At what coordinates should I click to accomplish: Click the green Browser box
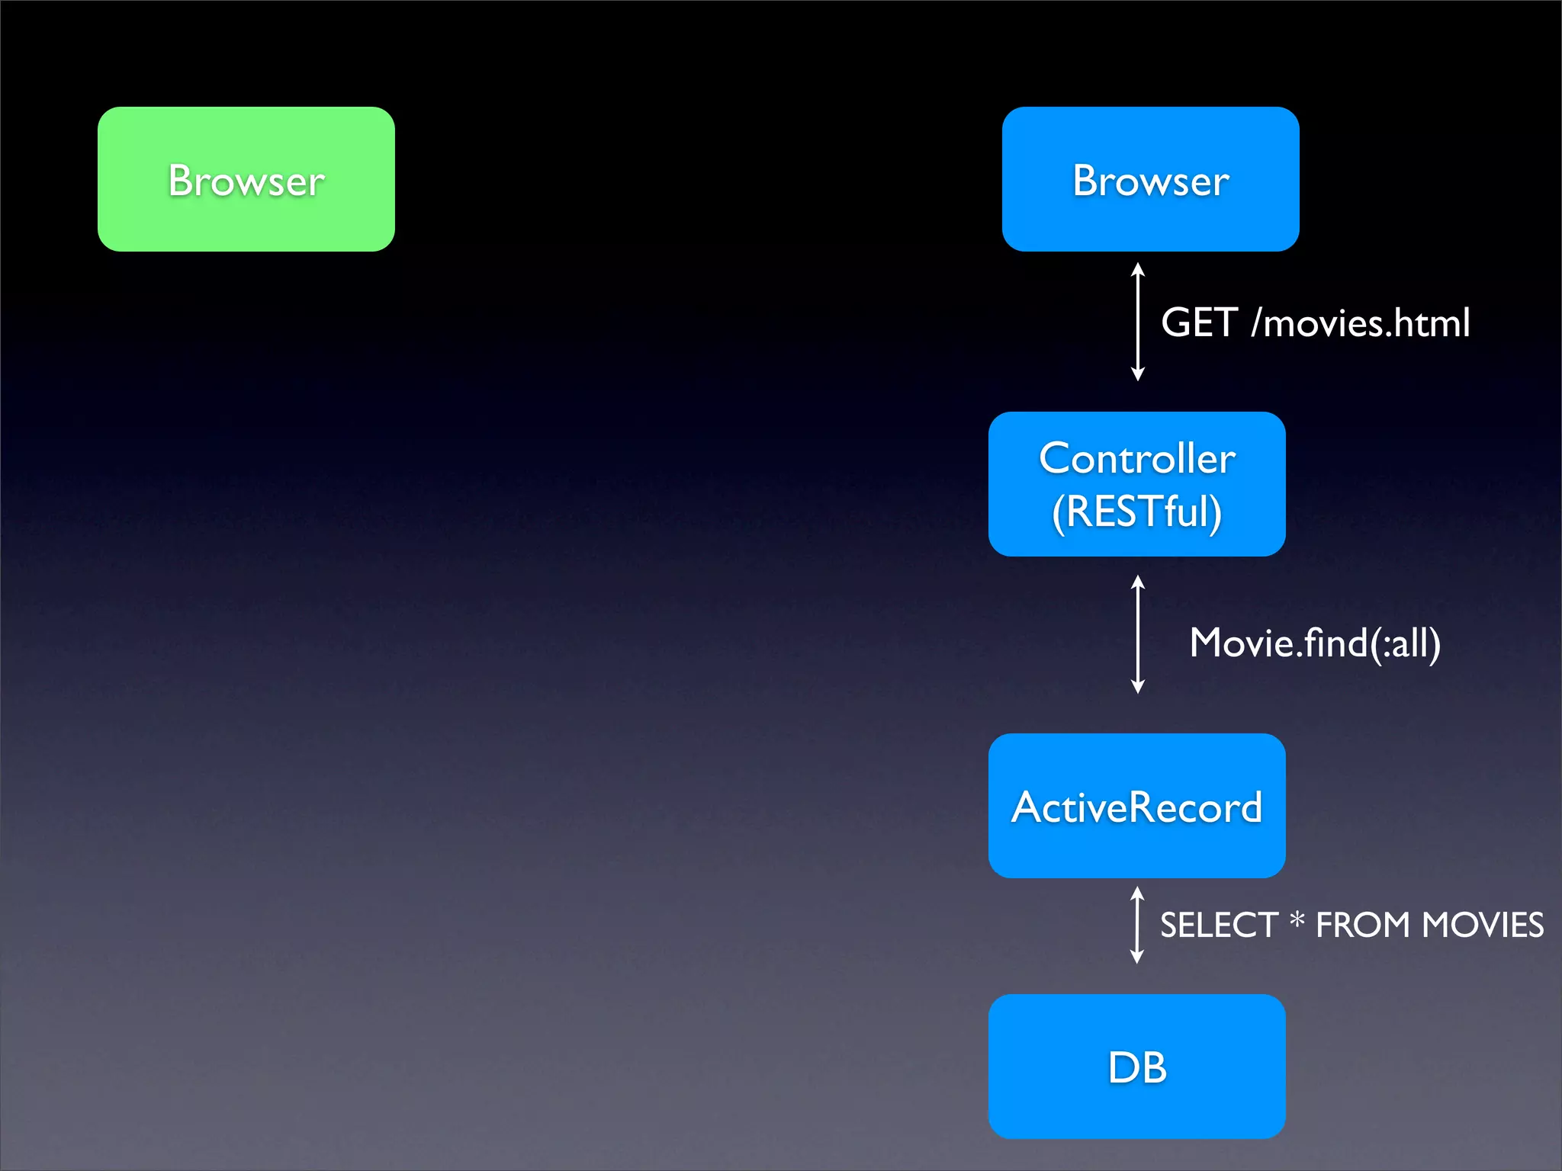pos(246,179)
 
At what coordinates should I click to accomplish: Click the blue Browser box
pos(1150,179)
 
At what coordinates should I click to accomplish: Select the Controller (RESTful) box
pos(1136,484)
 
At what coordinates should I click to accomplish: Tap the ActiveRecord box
pos(1136,806)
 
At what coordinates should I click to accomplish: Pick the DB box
pos(1136,1066)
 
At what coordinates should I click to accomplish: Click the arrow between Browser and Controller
pos(1137,322)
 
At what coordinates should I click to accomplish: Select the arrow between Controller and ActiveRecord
pos(1137,634)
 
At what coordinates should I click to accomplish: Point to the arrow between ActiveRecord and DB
pos(1136,925)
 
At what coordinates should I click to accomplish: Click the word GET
pos(1198,322)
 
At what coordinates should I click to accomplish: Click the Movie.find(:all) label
pos(1315,643)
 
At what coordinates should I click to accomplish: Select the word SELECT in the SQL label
pos(1218,926)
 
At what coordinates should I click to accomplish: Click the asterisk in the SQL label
pos(1297,921)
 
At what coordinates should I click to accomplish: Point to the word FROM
pos(1362,926)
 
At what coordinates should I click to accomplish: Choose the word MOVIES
pos(1483,926)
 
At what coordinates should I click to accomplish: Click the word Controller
pos(1136,458)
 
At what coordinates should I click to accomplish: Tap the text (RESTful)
pos(1136,512)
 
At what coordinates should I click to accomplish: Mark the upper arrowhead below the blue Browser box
pos(1137,269)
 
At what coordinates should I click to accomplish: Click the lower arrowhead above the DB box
pos(1136,957)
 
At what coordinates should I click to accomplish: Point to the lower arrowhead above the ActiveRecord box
pos(1137,687)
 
